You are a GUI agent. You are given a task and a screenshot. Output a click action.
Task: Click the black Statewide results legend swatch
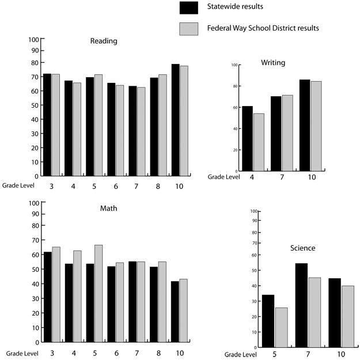tap(189, 7)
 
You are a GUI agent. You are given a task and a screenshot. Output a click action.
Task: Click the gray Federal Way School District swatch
tap(189, 28)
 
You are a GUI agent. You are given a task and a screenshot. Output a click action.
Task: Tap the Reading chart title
tap(104, 41)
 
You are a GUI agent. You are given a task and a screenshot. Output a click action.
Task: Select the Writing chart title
tap(273, 62)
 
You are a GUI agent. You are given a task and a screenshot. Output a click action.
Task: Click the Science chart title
tap(303, 248)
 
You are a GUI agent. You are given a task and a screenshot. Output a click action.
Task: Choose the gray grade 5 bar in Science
tap(281, 327)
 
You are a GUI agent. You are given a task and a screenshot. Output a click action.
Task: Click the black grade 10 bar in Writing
tap(304, 125)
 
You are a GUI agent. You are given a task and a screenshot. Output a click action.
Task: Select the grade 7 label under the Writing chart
tap(282, 177)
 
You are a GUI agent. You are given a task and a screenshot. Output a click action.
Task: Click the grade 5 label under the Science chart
tap(274, 354)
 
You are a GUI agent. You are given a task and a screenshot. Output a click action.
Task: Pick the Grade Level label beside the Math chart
tap(20, 352)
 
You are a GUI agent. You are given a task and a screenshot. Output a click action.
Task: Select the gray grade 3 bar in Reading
tap(56, 125)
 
